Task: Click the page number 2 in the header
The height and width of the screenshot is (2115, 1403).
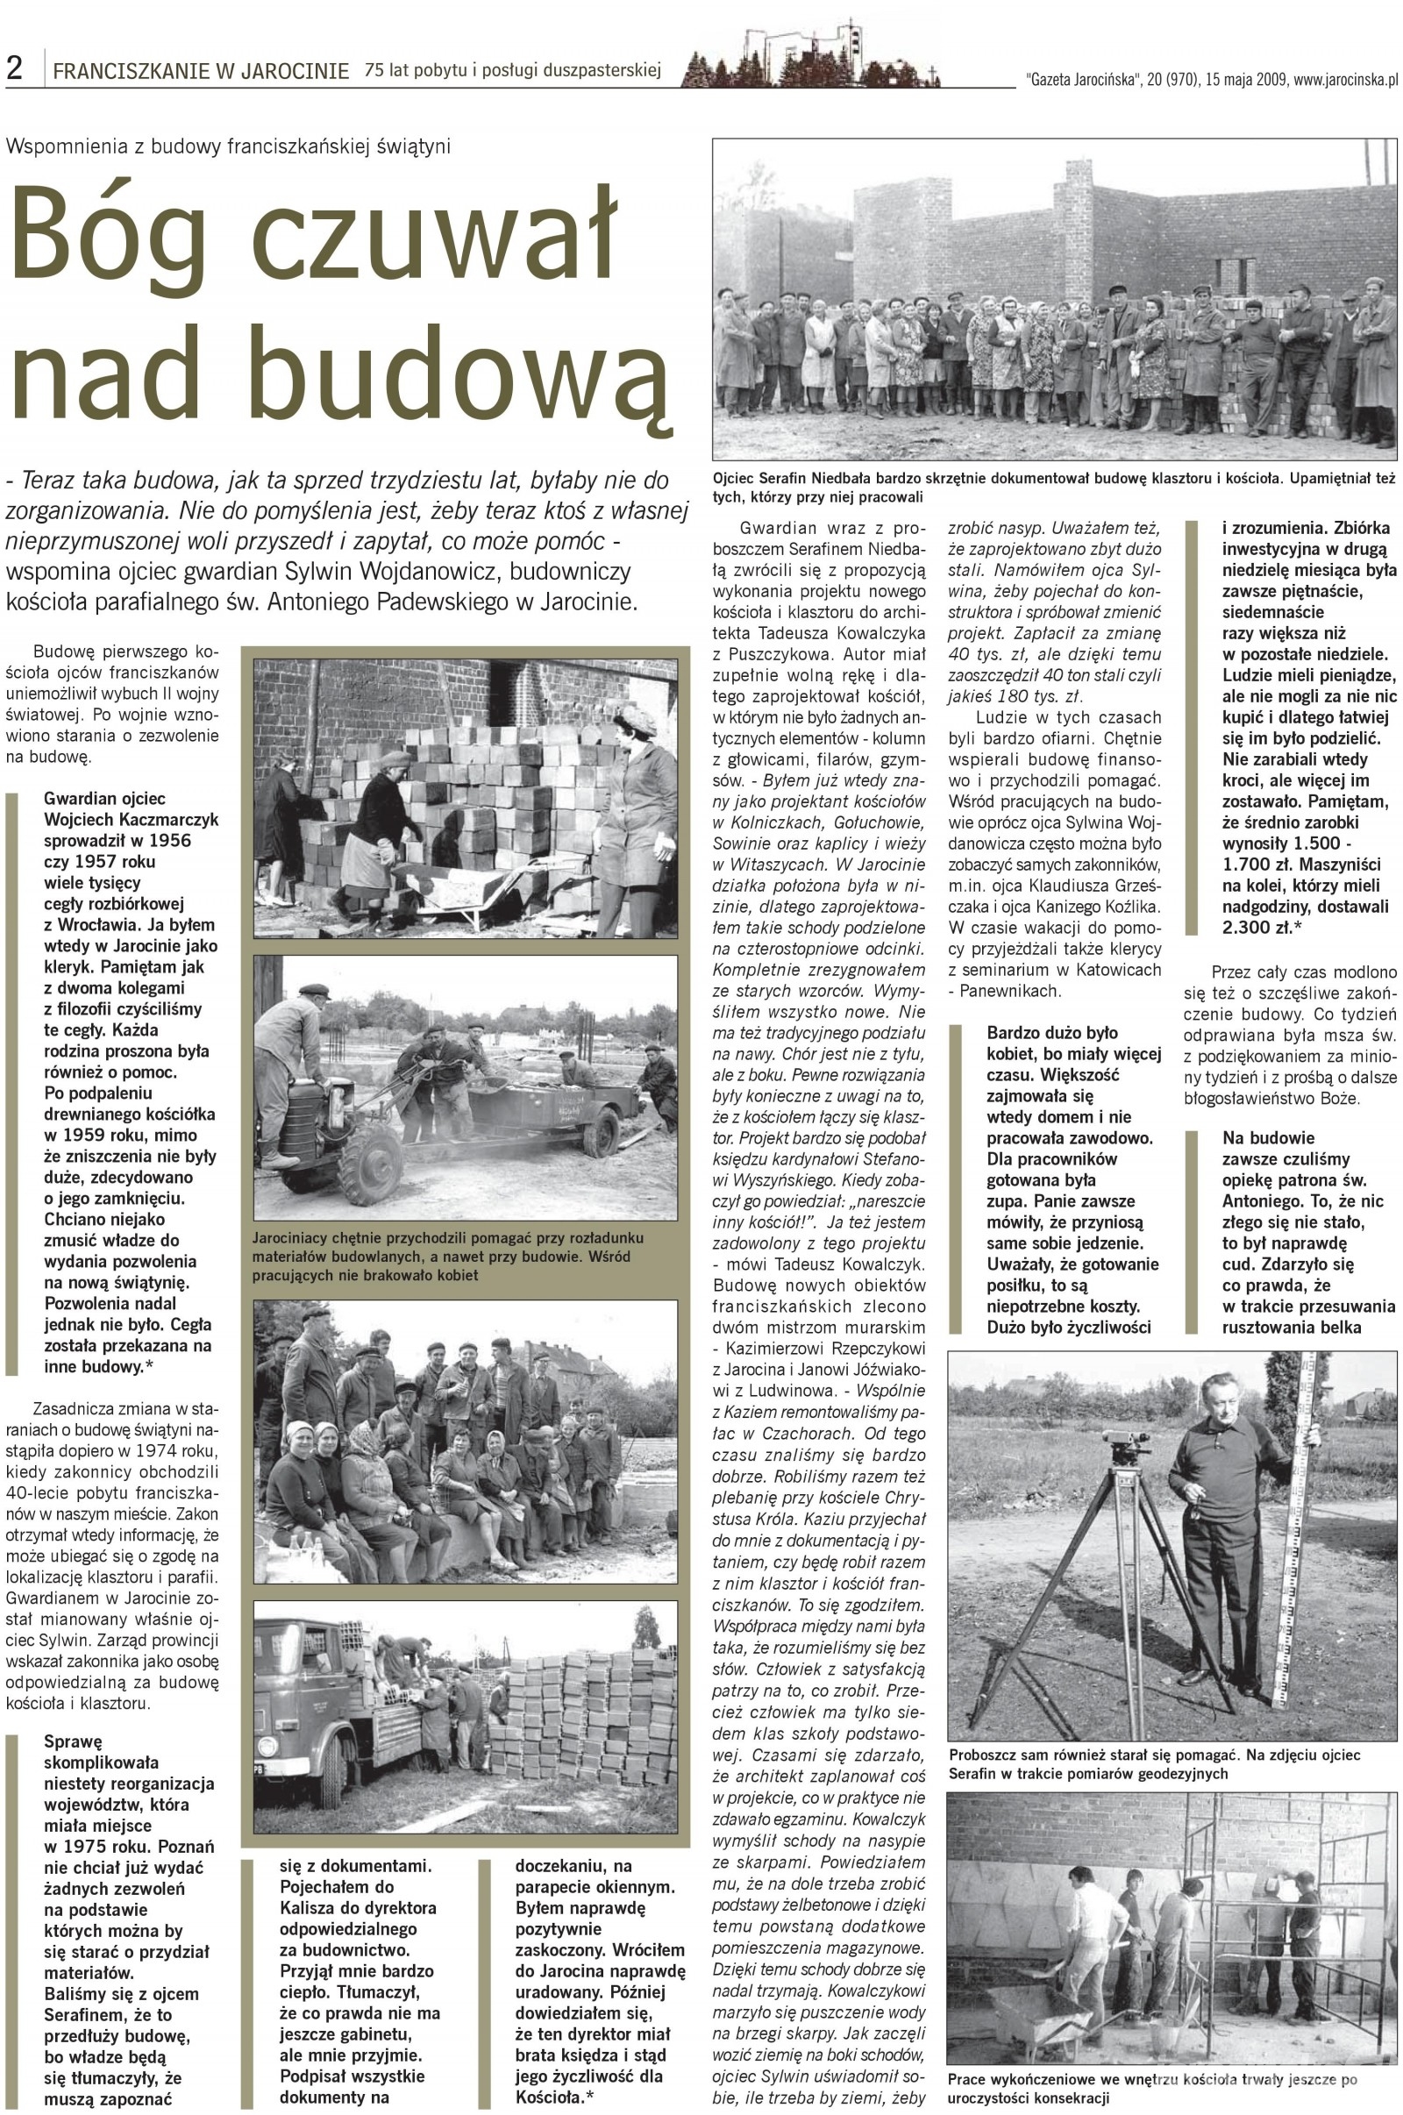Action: pyautogui.click(x=14, y=69)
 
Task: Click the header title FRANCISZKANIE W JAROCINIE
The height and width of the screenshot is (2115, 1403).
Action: pyautogui.click(x=201, y=71)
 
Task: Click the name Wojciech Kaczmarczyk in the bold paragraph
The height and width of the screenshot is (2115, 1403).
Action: pyautogui.click(x=131, y=819)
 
